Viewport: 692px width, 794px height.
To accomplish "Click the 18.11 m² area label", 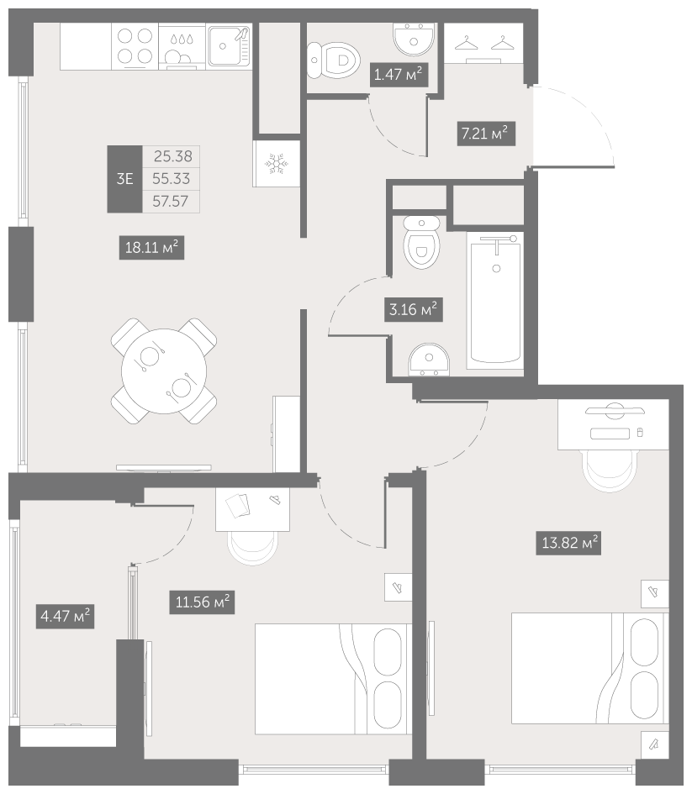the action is (151, 248).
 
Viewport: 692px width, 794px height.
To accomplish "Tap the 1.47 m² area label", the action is (398, 75).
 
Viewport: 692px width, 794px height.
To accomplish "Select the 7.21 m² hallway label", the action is (486, 134).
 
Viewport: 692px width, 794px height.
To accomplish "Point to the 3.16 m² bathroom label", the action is (414, 309).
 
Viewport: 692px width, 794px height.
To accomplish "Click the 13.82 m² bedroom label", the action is (569, 543).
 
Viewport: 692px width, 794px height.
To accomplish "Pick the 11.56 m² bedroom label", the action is (202, 602).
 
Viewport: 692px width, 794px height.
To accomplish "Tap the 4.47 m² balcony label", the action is (65, 616).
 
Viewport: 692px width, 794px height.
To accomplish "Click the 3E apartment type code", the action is (124, 179).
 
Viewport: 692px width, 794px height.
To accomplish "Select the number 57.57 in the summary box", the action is (171, 201).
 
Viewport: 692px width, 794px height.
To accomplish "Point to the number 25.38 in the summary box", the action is (172, 156).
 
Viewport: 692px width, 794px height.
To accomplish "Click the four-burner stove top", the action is (135, 45).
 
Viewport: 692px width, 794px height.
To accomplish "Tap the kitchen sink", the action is (230, 46).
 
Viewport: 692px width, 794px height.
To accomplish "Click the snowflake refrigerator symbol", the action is (277, 164).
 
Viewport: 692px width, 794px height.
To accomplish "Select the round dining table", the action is (164, 371).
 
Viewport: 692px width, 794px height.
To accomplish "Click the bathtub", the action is (495, 302).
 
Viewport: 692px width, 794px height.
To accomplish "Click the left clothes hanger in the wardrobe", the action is (467, 44).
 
